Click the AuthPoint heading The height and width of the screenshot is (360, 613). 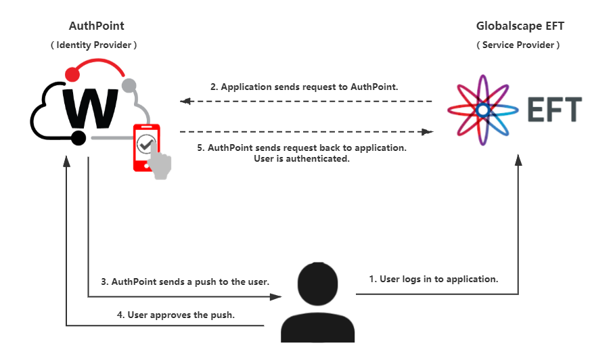(97, 26)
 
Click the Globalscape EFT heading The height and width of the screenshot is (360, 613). (520, 26)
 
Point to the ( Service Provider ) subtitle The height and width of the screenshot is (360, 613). (519, 45)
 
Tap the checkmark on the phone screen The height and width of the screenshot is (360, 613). (145, 143)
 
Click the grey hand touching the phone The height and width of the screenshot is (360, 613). (161, 166)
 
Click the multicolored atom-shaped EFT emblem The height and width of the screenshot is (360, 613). (482, 108)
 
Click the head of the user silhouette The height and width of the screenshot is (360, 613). (318, 285)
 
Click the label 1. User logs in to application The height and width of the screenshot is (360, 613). (434, 278)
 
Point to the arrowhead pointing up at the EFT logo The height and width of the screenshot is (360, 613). (518, 160)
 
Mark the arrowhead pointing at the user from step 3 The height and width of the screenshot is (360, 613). (276, 296)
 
